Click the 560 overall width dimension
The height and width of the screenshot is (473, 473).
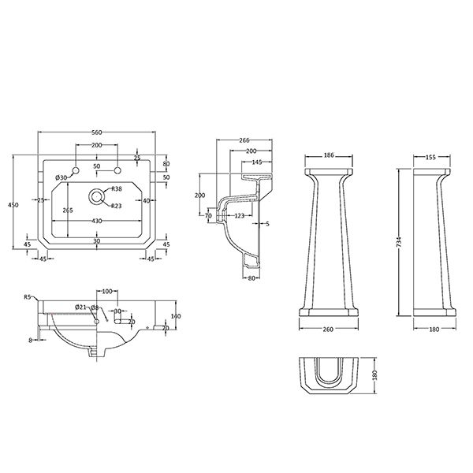click(96, 132)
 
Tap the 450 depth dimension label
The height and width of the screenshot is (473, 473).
click(13, 205)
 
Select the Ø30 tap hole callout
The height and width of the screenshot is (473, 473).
click(61, 177)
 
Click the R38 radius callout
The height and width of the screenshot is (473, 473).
click(117, 189)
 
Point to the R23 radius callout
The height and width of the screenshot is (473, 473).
click(117, 206)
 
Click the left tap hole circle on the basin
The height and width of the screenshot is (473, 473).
click(76, 170)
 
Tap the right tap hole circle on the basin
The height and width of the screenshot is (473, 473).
click(117, 170)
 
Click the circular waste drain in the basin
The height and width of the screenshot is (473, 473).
click(96, 196)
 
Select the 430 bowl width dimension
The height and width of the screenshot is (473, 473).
click(96, 221)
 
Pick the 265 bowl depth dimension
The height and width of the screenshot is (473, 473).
click(68, 210)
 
